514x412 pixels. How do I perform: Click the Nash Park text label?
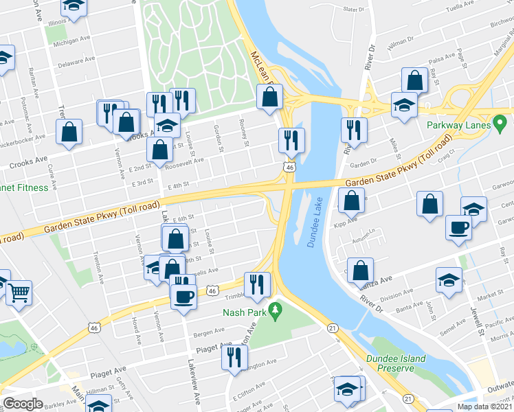click(x=244, y=312)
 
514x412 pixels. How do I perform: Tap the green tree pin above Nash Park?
click(x=276, y=311)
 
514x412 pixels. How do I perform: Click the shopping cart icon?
click(x=19, y=293)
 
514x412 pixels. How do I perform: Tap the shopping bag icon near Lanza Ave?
click(x=360, y=270)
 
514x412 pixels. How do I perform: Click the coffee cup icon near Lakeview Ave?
click(x=183, y=297)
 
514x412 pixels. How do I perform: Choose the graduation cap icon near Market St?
click(x=449, y=280)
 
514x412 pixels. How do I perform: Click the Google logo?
click(x=23, y=404)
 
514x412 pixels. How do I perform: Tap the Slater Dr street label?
click(x=353, y=10)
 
